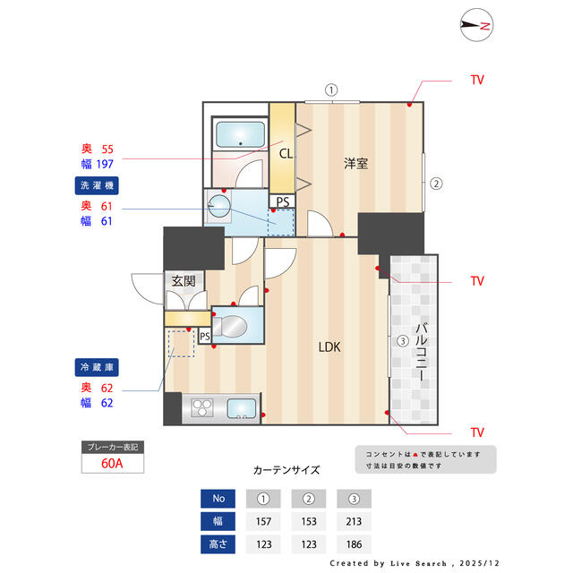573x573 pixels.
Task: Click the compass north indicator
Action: point(476,25)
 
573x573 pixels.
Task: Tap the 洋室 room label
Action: point(355,163)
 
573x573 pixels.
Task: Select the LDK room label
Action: point(329,346)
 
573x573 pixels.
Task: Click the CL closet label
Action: point(286,153)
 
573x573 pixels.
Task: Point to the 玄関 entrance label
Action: point(184,281)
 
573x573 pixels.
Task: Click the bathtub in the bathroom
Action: point(240,134)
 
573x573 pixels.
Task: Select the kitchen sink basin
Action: point(242,408)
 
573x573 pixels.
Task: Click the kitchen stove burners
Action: point(202,408)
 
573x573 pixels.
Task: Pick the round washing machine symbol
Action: point(218,206)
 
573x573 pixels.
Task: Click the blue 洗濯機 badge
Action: point(97,185)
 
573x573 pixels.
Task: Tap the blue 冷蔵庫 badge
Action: point(97,367)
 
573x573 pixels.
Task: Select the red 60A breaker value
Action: point(112,464)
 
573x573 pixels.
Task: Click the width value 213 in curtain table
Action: point(354,521)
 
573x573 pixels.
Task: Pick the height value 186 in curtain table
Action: point(354,544)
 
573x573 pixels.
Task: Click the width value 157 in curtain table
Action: point(263,521)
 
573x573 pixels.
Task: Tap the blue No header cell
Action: point(218,499)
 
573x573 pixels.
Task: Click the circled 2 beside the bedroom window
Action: point(436,183)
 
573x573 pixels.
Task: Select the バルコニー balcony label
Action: point(422,352)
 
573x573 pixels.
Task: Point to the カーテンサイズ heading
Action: point(286,470)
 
